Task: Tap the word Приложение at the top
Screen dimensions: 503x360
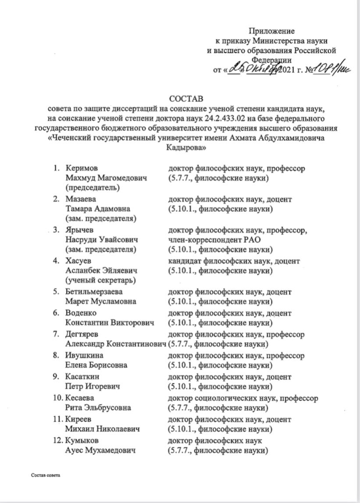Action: tap(272, 31)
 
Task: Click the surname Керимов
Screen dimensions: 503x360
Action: tap(82, 168)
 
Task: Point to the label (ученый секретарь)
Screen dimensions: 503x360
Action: tap(100, 280)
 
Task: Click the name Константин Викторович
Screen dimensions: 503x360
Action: tap(110, 323)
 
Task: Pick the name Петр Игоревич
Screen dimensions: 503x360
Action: tap(93, 386)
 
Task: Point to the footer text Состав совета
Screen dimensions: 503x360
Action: tap(45, 475)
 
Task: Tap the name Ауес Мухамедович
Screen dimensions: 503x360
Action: tap(100, 450)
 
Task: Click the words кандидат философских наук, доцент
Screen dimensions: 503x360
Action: tap(234, 261)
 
